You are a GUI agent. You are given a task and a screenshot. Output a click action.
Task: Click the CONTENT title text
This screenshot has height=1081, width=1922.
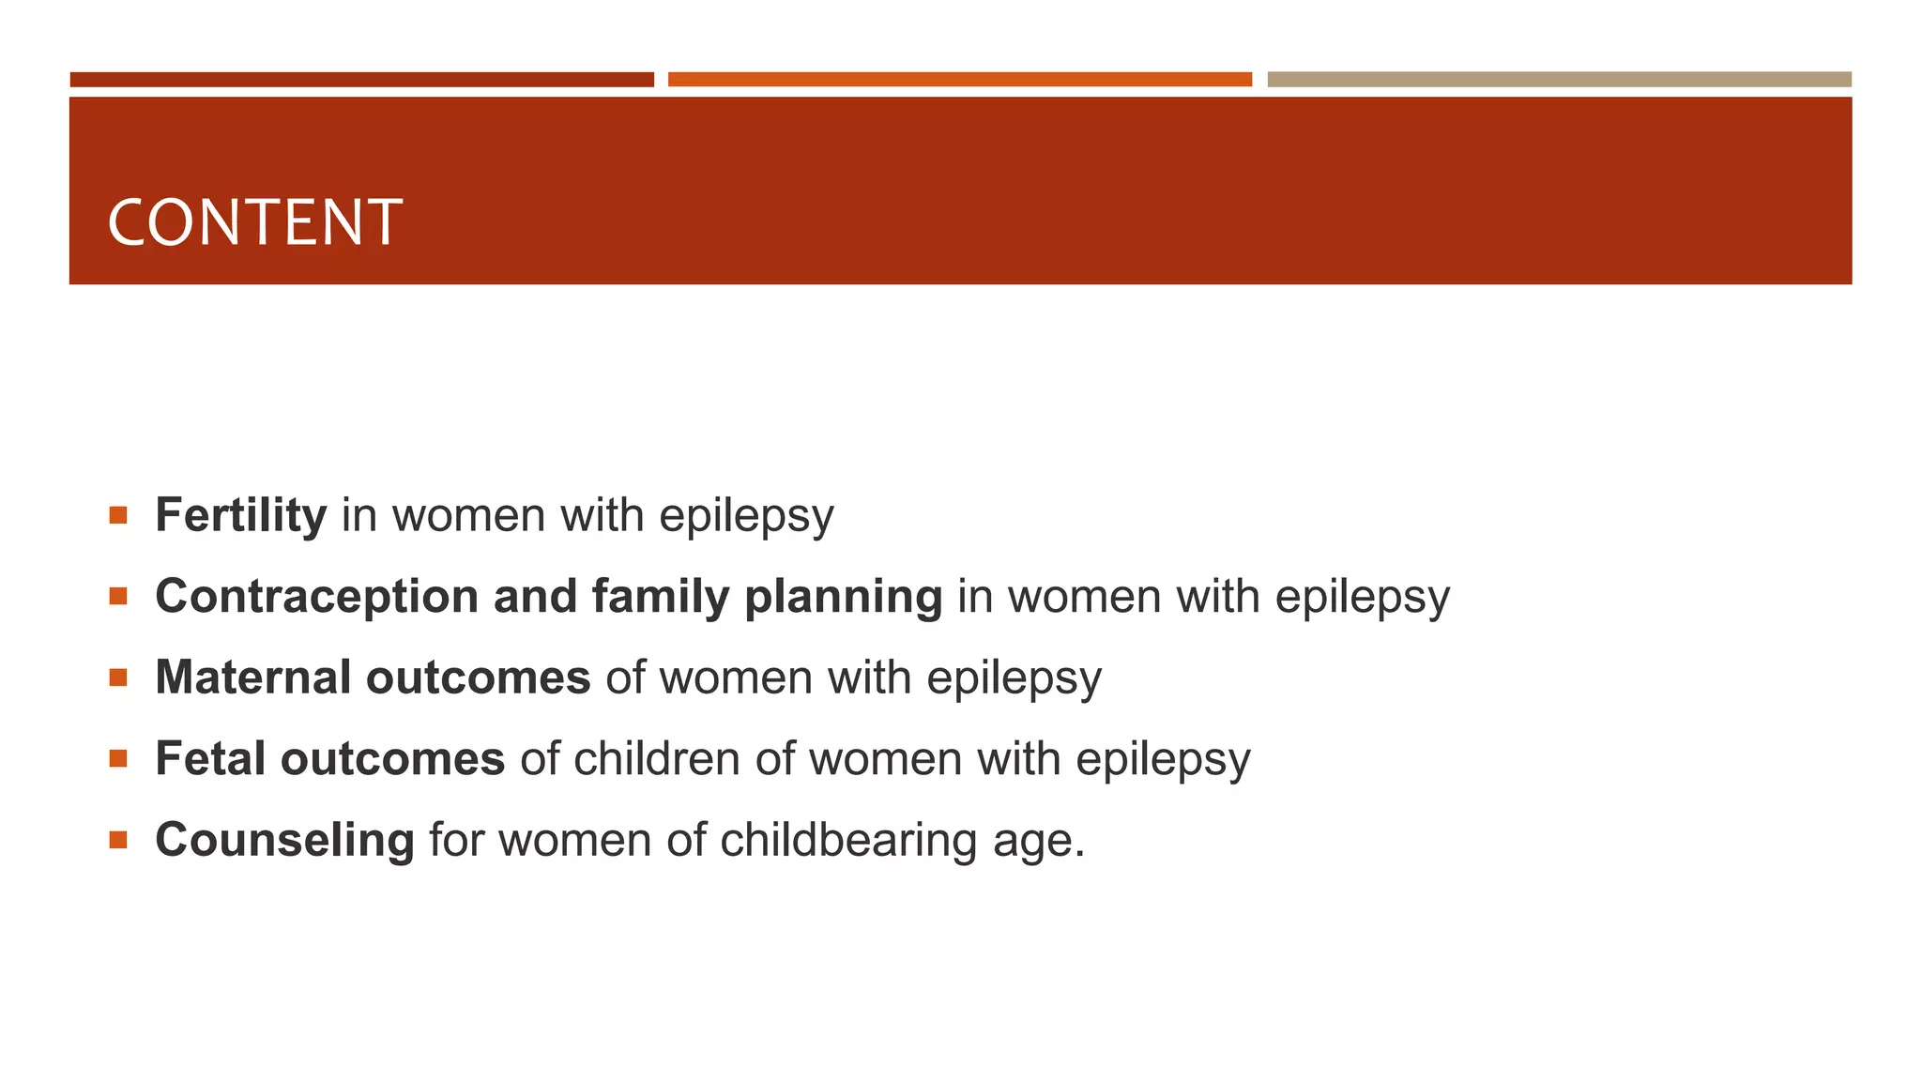254,223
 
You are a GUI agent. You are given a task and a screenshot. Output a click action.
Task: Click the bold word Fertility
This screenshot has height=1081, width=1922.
240,515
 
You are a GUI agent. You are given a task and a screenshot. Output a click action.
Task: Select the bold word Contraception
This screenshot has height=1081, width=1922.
316,597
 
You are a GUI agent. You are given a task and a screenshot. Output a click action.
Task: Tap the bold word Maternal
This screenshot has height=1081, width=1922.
252,678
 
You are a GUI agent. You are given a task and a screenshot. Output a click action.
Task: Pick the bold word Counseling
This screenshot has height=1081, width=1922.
284,840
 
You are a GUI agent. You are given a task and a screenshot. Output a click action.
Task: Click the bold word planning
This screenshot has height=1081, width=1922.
843,597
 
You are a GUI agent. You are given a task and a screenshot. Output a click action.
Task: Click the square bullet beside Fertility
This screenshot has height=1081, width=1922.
117,515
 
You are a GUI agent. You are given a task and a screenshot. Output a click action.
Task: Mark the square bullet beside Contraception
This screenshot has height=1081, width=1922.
117,597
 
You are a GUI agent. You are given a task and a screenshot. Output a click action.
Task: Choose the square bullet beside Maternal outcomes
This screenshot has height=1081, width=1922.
117,678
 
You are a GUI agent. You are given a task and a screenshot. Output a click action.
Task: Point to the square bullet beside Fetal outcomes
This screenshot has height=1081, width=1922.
117,759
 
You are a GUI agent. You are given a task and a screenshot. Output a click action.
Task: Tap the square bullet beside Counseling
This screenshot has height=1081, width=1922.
117,840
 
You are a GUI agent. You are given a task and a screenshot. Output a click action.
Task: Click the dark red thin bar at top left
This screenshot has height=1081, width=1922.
361,80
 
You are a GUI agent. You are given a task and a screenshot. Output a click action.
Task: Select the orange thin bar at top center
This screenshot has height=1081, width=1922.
959,80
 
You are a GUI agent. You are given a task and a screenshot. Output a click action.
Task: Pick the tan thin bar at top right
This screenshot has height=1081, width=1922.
1559,80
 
